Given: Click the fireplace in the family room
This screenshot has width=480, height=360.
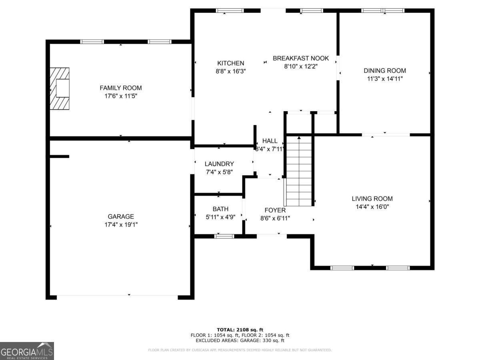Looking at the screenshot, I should point(59,88).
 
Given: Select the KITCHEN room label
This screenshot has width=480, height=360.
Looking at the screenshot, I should point(230,63).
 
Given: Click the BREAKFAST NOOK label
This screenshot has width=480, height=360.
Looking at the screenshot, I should point(301,58).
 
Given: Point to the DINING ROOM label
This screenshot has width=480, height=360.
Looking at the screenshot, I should point(384,71).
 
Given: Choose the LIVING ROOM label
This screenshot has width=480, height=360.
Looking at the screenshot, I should point(372,198).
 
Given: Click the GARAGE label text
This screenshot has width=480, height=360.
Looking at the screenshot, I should point(121,216).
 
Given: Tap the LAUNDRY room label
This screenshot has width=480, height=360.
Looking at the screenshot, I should point(219,164).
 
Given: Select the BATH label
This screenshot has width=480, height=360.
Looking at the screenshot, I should point(220,209).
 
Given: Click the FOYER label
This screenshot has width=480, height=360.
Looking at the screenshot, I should point(275,210).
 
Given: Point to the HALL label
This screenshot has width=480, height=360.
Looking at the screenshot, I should point(270,141).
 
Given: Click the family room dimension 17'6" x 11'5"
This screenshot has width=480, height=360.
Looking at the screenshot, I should point(121,96).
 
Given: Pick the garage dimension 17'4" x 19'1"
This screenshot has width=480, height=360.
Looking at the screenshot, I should point(121,225).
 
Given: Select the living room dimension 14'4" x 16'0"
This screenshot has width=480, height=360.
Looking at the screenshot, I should point(372,207).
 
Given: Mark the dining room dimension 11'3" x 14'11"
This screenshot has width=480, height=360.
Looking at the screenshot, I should point(384,79).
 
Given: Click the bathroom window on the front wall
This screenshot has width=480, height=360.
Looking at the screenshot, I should point(224,236).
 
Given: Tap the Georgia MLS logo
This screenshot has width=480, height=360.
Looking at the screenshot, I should point(27,351).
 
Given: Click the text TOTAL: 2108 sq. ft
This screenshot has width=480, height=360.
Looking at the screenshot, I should point(240,330).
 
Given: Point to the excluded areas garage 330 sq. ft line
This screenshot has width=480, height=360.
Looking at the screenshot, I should point(240,341).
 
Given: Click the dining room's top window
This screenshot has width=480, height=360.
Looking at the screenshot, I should point(383,10).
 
